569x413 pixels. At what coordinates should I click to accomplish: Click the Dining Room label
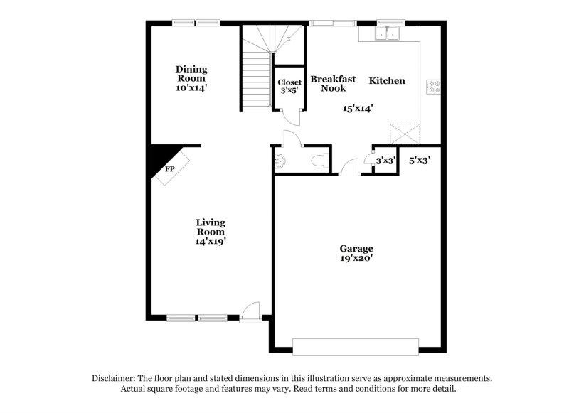[x=192, y=74]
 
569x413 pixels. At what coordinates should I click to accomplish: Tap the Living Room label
[x=211, y=227]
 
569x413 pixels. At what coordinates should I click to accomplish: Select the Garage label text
[x=356, y=248]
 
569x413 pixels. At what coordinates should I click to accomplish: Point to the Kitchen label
[x=387, y=81]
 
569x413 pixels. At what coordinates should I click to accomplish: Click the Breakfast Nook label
[x=333, y=84]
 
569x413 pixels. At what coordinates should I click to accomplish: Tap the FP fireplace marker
[x=170, y=169]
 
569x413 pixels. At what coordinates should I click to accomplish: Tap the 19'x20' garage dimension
[x=356, y=259]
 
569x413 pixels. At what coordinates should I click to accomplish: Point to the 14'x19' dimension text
[x=211, y=242]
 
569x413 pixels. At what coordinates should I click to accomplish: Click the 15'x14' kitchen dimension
[x=358, y=108]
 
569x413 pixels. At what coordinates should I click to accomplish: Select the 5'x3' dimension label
[x=420, y=161]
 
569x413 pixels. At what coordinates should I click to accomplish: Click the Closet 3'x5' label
[x=289, y=87]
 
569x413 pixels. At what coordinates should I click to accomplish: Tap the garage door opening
[x=356, y=347]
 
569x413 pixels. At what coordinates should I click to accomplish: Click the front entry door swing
[x=250, y=311]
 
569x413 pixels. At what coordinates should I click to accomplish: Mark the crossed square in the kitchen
[x=405, y=133]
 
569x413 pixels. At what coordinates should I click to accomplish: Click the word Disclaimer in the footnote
[x=116, y=379]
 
